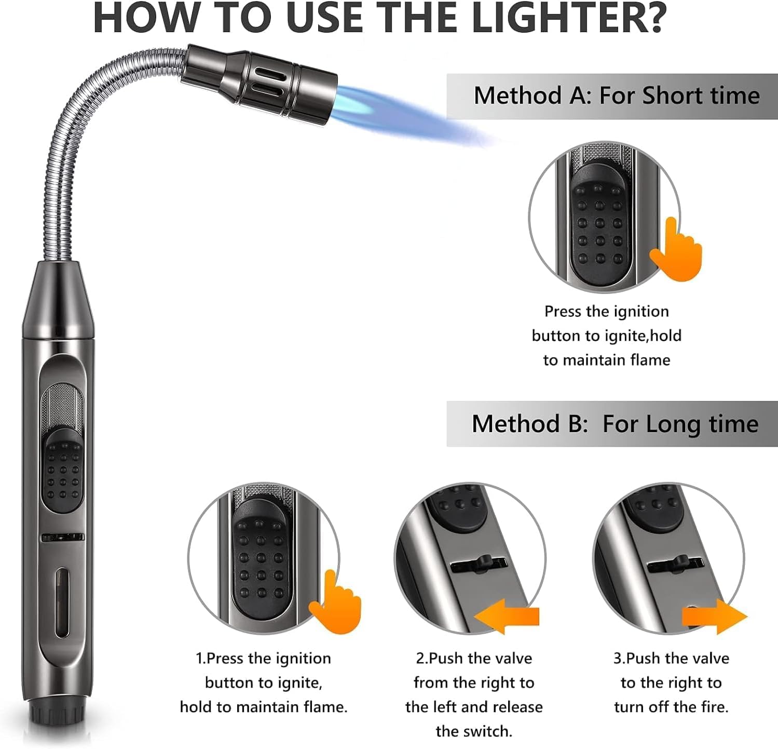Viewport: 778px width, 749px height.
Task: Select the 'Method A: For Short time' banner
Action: coord(612,96)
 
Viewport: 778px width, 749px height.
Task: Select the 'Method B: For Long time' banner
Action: coord(612,424)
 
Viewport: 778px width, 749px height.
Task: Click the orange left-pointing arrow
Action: coord(506,616)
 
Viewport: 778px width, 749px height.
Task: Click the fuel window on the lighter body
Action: coord(62,603)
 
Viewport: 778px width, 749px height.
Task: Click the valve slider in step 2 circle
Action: coord(484,564)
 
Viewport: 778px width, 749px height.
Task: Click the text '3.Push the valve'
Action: coord(671,658)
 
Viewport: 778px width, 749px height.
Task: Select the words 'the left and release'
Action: coord(474,707)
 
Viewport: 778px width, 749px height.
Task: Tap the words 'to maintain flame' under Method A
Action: coord(606,360)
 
